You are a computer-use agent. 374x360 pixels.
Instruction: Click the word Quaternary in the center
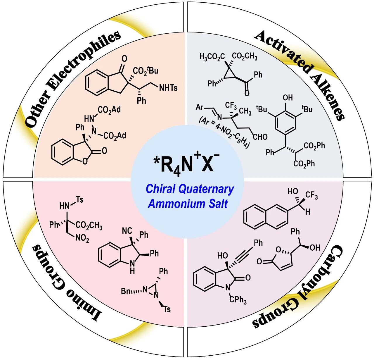206,189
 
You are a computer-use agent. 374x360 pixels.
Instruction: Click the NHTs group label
168,88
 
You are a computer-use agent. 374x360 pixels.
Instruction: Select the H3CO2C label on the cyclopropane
212,56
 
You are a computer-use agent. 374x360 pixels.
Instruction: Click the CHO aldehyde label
260,137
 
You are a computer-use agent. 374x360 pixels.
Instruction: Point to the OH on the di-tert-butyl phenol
288,98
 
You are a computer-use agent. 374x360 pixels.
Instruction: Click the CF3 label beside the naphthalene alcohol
311,195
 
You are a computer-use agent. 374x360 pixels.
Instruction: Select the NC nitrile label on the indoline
127,231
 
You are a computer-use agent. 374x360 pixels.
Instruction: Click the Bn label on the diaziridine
126,291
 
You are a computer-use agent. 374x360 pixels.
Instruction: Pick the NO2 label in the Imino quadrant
82,238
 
